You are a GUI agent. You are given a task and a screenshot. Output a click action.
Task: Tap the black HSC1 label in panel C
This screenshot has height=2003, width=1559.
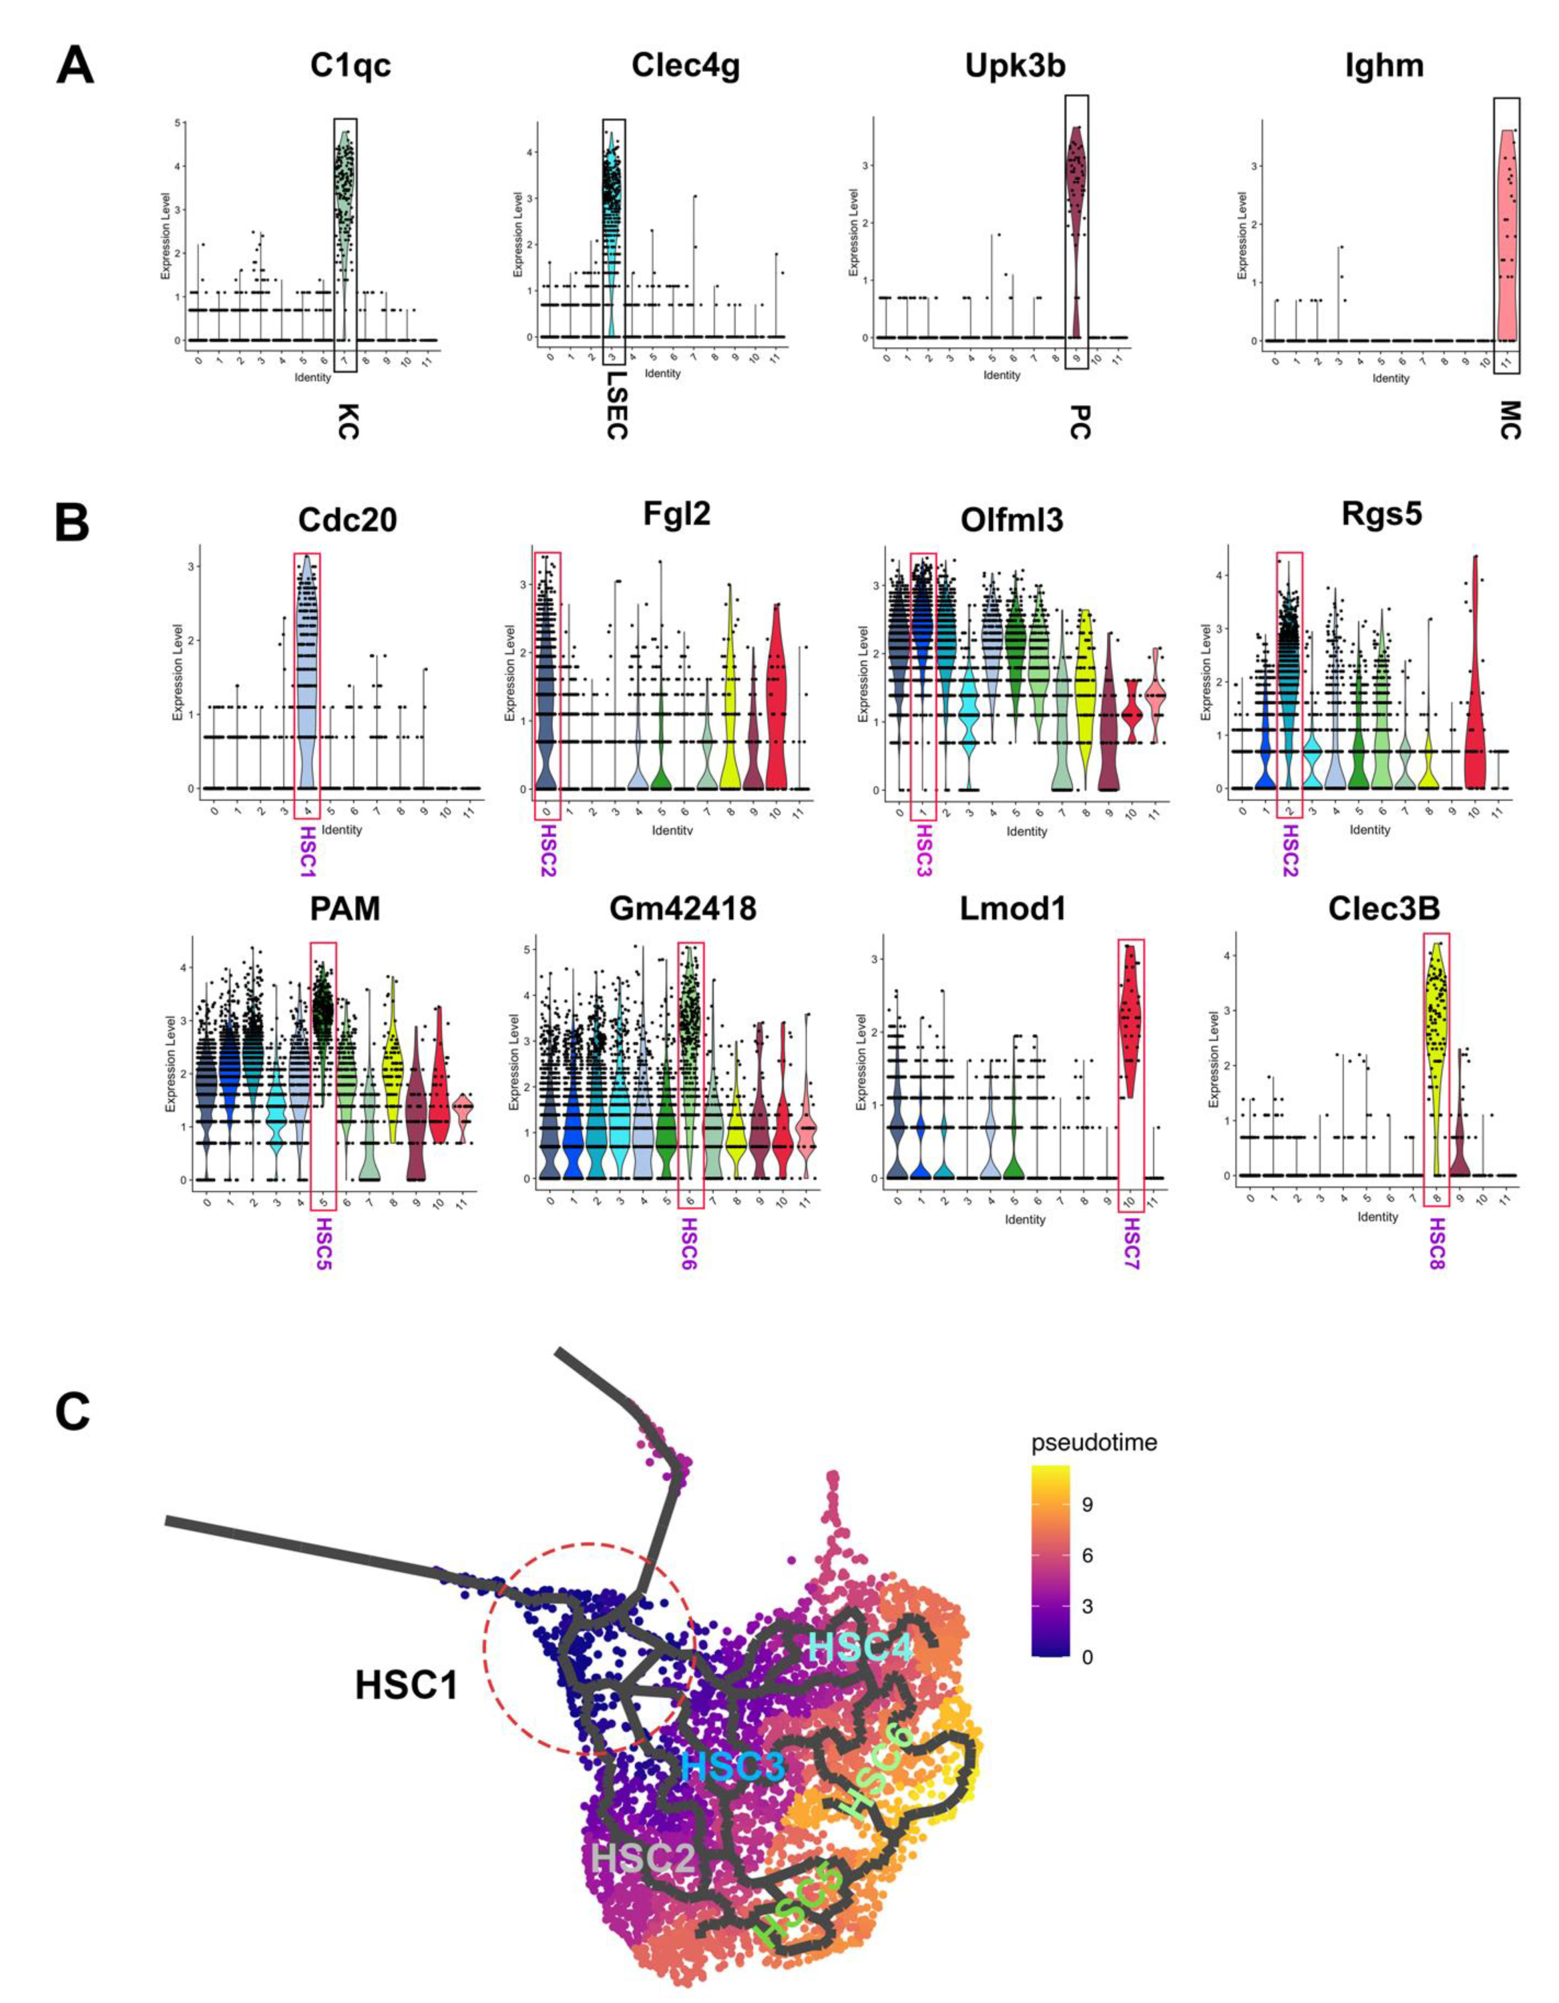(407, 1684)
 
